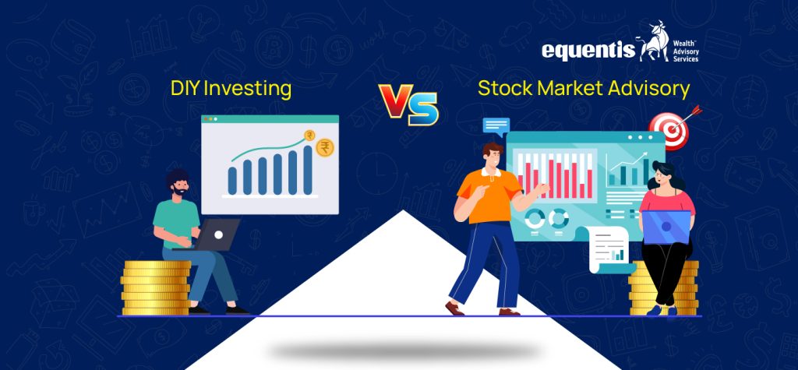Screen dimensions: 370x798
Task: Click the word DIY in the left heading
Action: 184,88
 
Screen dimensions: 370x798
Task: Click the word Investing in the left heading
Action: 247,89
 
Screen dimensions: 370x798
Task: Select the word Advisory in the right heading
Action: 648,89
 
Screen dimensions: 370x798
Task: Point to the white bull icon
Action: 653,43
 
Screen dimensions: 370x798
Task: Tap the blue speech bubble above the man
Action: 496,125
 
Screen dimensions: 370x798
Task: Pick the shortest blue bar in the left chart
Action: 232,180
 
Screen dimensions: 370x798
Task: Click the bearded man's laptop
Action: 219,234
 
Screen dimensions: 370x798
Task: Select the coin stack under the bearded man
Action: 157,286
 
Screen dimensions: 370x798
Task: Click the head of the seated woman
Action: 662,175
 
